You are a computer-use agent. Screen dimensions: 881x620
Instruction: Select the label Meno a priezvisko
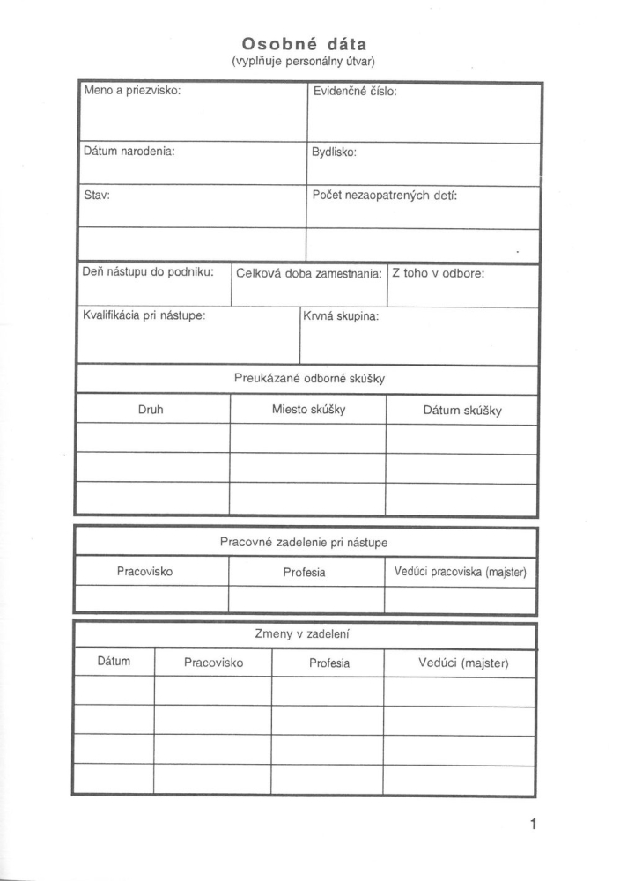(132, 91)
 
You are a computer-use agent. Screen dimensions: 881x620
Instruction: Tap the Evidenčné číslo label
(354, 91)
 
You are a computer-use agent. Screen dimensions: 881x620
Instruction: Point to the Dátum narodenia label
(129, 151)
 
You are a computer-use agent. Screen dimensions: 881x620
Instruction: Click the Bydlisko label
(334, 152)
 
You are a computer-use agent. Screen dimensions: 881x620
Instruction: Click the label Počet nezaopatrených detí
(385, 195)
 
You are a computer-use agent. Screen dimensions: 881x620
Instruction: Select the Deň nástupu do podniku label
(148, 272)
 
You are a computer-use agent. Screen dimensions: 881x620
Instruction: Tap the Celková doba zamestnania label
(308, 273)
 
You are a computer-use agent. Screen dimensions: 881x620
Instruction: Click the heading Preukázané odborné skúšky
(309, 379)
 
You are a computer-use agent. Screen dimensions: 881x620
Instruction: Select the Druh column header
(151, 410)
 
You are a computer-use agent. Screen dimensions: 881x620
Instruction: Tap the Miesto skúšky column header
(308, 410)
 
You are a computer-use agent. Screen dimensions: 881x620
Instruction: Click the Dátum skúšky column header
(462, 411)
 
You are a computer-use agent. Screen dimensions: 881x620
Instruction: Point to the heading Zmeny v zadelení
(306, 633)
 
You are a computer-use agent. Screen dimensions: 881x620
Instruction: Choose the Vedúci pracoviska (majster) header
(460, 573)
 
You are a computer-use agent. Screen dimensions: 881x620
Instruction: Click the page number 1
(533, 825)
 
